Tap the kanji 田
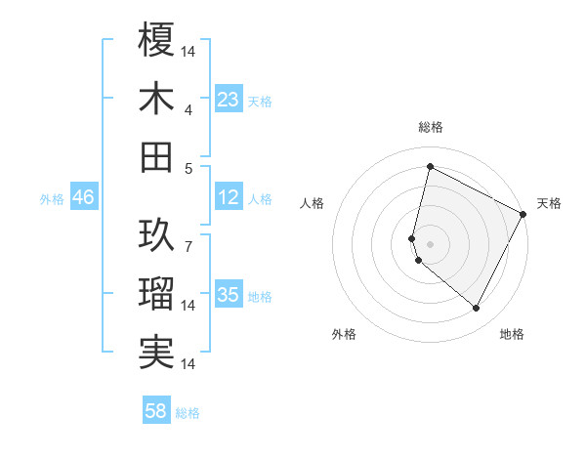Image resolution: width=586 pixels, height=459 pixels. tap(157, 156)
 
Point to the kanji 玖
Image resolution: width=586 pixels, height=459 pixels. tap(157, 234)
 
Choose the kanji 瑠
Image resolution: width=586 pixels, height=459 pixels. tap(157, 294)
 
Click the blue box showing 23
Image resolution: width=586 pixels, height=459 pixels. tap(229, 99)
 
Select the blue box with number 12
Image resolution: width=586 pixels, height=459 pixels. tap(229, 197)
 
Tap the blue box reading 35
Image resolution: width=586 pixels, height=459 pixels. tap(229, 295)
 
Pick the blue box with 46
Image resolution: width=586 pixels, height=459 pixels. tap(84, 197)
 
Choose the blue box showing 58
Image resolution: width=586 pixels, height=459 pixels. tap(156, 411)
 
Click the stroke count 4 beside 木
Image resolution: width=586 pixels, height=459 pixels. tap(189, 109)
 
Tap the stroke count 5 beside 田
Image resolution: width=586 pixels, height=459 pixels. tap(188, 168)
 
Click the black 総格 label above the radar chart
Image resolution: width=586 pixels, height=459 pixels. tap(431, 128)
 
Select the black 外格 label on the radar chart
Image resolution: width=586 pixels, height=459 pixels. tap(344, 334)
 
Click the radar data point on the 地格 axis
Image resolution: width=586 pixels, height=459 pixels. tap(477, 309)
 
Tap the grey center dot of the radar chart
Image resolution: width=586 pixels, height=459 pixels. tap(431, 243)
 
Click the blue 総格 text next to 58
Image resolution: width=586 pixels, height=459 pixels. tap(188, 412)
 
